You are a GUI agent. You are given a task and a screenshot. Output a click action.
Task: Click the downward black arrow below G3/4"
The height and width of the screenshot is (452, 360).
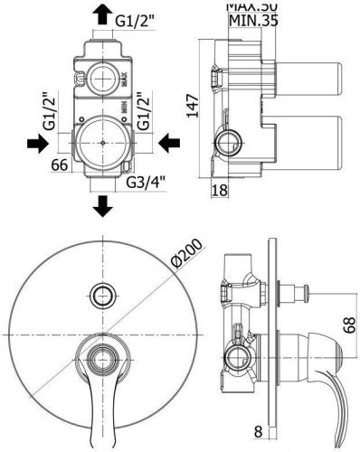point(103,205)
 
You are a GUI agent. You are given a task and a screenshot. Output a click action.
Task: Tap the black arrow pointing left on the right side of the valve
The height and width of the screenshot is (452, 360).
point(167,143)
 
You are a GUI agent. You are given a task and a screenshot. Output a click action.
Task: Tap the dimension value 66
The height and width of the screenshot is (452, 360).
point(60,165)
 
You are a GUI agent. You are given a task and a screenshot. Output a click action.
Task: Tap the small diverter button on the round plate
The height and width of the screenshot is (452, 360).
point(102,293)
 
